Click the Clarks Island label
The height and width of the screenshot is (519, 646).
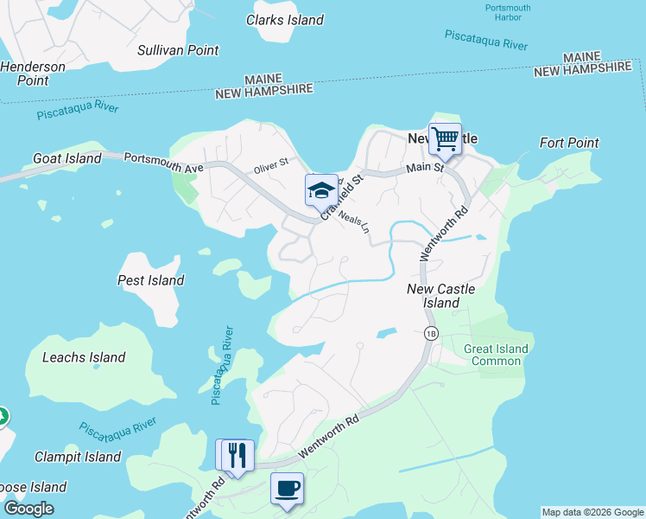click(x=284, y=20)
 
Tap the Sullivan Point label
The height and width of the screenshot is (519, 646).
click(x=178, y=50)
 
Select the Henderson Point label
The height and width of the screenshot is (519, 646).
click(x=33, y=74)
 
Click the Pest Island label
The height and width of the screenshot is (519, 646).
click(x=150, y=280)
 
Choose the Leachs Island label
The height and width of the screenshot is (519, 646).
click(x=84, y=357)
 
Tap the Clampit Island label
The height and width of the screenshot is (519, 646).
click(x=78, y=457)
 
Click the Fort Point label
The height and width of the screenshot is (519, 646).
click(x=569, y=143)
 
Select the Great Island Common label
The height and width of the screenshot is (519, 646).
click(x=496, y=355)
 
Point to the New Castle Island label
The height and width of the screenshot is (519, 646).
click(x=440, y=296)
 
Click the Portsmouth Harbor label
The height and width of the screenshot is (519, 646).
click(x=508, y=14)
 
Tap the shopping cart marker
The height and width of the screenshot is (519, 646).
click(x=445, y=138)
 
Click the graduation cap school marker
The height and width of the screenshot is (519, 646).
click(x=321, y=190)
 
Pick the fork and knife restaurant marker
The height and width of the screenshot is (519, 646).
click(x=238, y=455)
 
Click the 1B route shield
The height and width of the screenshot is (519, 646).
click(x=431, y=333)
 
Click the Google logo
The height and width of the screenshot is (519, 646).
click(x=28, y=509)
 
